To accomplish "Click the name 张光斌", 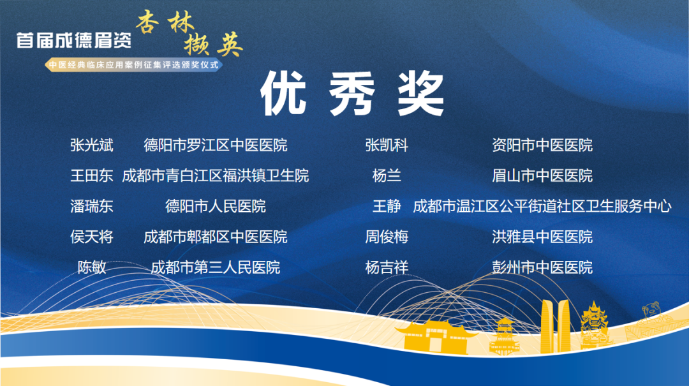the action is (92, 145).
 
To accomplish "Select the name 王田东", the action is (92, 176).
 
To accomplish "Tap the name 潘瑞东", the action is (92, 206).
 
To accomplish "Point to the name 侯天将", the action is (92, 237).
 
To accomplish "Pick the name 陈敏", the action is (92, 267).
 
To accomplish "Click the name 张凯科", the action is (387, 145).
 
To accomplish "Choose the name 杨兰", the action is (387, 176).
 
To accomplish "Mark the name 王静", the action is (387, 206).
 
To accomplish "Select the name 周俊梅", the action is (387, 237).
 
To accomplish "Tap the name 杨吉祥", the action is (387, 267).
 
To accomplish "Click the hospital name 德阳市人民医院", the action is (216, 206).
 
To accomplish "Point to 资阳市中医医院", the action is (542, 145).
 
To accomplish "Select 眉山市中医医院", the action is (542, 176).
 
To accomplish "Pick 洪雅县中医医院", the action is (542, 237).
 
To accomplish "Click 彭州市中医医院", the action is (542, 267).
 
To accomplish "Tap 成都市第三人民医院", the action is (216, 267).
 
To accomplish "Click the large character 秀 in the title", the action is (352, 94).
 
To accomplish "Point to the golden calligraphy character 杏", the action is (147, 22).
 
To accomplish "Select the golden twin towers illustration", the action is (555, 326).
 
